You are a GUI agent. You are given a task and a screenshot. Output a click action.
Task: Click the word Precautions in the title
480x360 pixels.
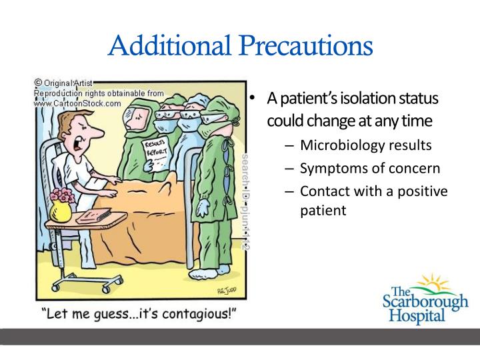coord(305,46)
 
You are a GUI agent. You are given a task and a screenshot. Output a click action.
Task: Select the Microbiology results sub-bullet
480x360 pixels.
coord(366,145)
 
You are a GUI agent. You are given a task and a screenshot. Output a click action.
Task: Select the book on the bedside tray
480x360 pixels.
coord(93,217)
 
